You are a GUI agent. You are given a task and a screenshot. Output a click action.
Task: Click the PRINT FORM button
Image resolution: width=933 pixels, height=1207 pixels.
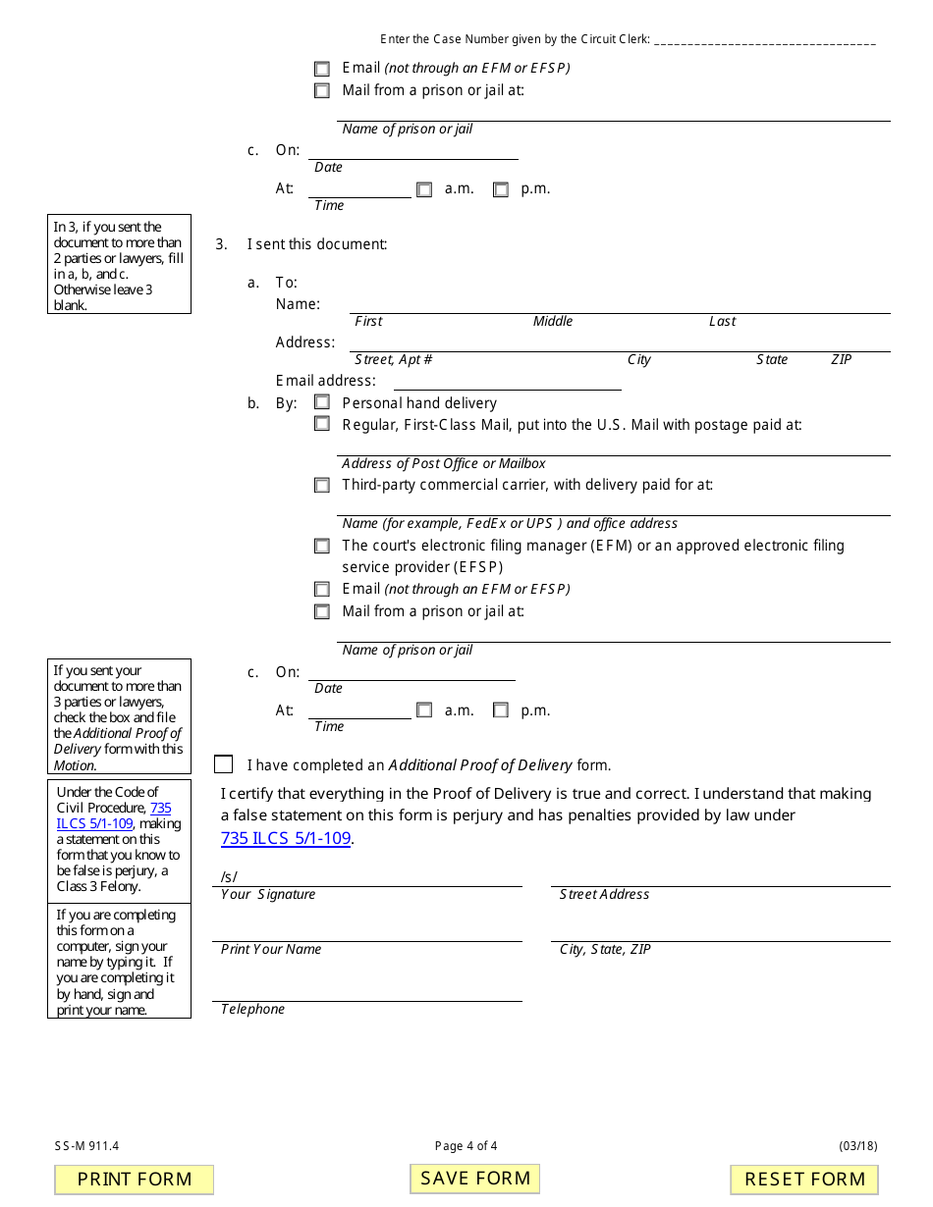pyautogui.click(x=135, y=1179)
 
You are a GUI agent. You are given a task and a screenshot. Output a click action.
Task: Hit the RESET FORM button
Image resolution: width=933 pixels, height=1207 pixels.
pyautogui.click(x=804, y=1179)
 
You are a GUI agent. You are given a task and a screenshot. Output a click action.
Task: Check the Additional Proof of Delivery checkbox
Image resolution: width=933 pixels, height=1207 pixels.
pyautogui.click(x=224, y=764)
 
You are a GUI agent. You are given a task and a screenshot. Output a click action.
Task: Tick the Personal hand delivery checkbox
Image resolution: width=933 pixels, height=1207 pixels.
pyautogui.click(x=322, y=402)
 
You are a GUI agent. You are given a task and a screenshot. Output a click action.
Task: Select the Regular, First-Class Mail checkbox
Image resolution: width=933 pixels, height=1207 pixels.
pyautogui.click(x=322, y=424)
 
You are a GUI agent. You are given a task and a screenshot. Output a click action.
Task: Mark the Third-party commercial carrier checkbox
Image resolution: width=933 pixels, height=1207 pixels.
pyautogui.click(x=322, y=485)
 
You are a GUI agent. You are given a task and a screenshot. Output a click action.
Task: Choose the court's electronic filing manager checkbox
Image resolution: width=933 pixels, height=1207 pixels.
pyautogui.click(x=322, y=546)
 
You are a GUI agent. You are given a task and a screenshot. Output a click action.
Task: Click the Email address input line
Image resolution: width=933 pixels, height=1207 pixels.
pyautogui.click(x=507, y=381)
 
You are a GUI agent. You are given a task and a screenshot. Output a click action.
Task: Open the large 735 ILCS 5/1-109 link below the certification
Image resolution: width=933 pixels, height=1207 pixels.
pyautogui.click(x=286, y=838)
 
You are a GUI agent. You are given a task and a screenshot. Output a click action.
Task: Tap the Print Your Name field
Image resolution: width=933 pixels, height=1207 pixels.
pyautogui.click(x=366, y=931)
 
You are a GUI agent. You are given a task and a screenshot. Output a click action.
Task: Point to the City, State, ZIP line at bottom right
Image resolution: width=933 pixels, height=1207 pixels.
pyautogui.click(x=720, y=931)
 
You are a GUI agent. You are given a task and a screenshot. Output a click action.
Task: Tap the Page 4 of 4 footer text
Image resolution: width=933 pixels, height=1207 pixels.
pyautogui.click(x=466, y=1145)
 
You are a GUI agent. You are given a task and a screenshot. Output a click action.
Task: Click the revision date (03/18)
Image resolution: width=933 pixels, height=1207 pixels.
pyautogui.click(x=858, y=1145)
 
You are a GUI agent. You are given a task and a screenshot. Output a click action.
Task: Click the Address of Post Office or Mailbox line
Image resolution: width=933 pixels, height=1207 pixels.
pyautogui.click(x=615, y=446)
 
